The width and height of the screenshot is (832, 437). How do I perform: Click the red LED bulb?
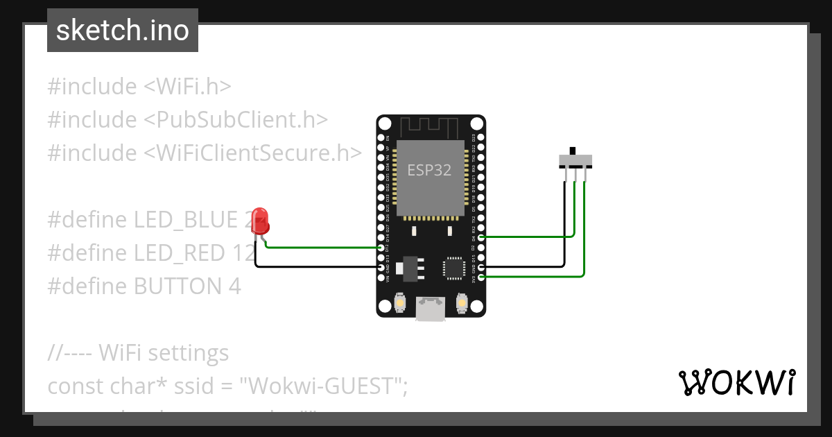(261, 221)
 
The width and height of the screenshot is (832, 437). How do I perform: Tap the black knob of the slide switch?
(573, 151)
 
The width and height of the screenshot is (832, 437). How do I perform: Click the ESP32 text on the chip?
(429, 170)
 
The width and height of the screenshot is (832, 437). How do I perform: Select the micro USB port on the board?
(431, 309)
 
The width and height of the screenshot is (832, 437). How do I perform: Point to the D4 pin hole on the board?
(481, 237)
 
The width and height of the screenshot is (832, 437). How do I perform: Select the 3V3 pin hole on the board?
(481, 277)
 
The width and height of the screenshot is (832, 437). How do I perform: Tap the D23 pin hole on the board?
(481, 129)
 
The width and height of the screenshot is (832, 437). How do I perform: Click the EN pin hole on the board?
(381, 129)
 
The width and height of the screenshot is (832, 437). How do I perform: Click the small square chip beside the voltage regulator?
(454, 267)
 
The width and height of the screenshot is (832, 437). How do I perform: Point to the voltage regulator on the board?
(411, 267)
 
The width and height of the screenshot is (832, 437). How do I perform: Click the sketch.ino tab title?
(122, 31)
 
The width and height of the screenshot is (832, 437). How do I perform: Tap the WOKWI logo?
(736, 382)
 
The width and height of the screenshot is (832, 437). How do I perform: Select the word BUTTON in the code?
(173, 286)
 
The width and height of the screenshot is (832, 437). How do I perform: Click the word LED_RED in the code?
(183, 253)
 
